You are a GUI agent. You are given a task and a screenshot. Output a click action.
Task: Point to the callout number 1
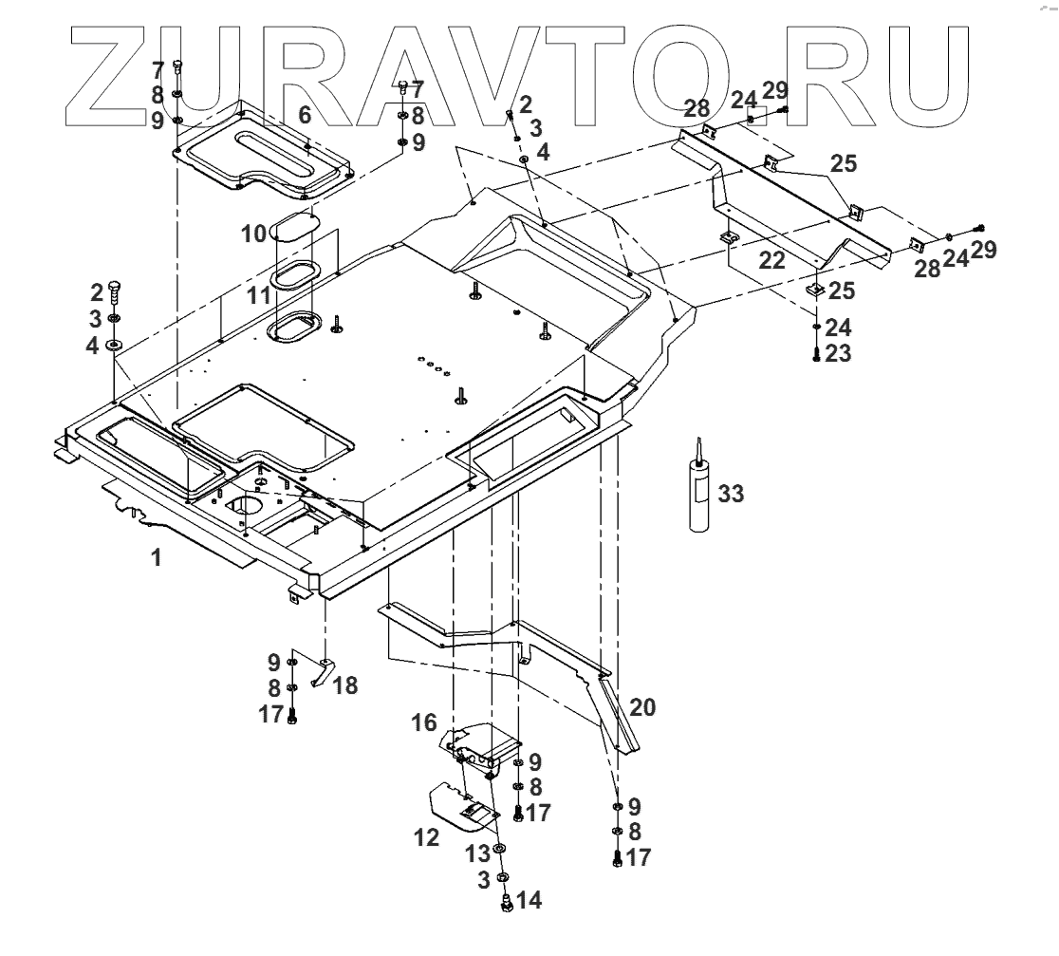tap(157, 558)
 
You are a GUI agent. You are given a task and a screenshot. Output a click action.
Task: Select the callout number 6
tap(305, 116)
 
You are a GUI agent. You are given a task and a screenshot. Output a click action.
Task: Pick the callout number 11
tap(258, 296)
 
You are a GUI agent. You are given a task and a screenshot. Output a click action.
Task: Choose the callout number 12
tap(427, 837)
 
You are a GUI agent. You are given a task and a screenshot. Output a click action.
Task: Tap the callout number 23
tap(839, 353)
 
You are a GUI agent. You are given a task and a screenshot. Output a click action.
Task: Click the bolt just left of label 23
tap(816, 354)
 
